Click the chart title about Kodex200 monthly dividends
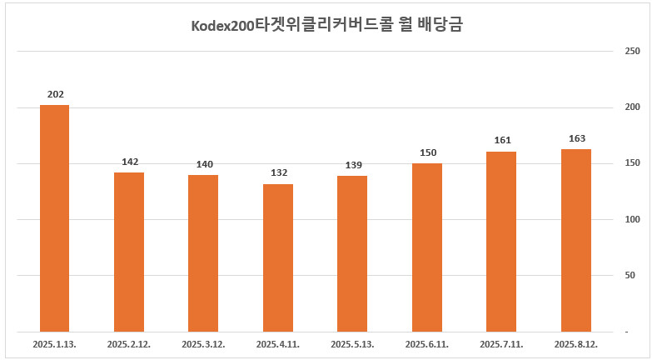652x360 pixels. coord(326,25)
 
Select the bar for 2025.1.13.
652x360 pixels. coord(54,217)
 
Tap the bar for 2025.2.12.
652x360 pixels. coord(129,251)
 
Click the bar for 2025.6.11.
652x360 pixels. coord(426,247)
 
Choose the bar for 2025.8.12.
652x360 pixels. coord(575,240)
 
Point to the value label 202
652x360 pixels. coord(55,94)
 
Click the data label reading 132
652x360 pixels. coord(278,172)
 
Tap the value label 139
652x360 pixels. coord(352,165)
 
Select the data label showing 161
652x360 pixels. coord(501,140)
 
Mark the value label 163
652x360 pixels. coord(575,138)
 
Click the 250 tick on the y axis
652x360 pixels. coord(631,52)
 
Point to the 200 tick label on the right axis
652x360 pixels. coord(631,107)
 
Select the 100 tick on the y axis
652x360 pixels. coord(631,219)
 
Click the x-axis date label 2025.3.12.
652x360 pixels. coord(204,343)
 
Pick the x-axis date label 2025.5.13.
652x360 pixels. coord(352,343)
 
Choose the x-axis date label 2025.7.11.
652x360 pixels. coord(501,343)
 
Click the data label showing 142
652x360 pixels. coord(129,162)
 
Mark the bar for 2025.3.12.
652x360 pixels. coord(203,252)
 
